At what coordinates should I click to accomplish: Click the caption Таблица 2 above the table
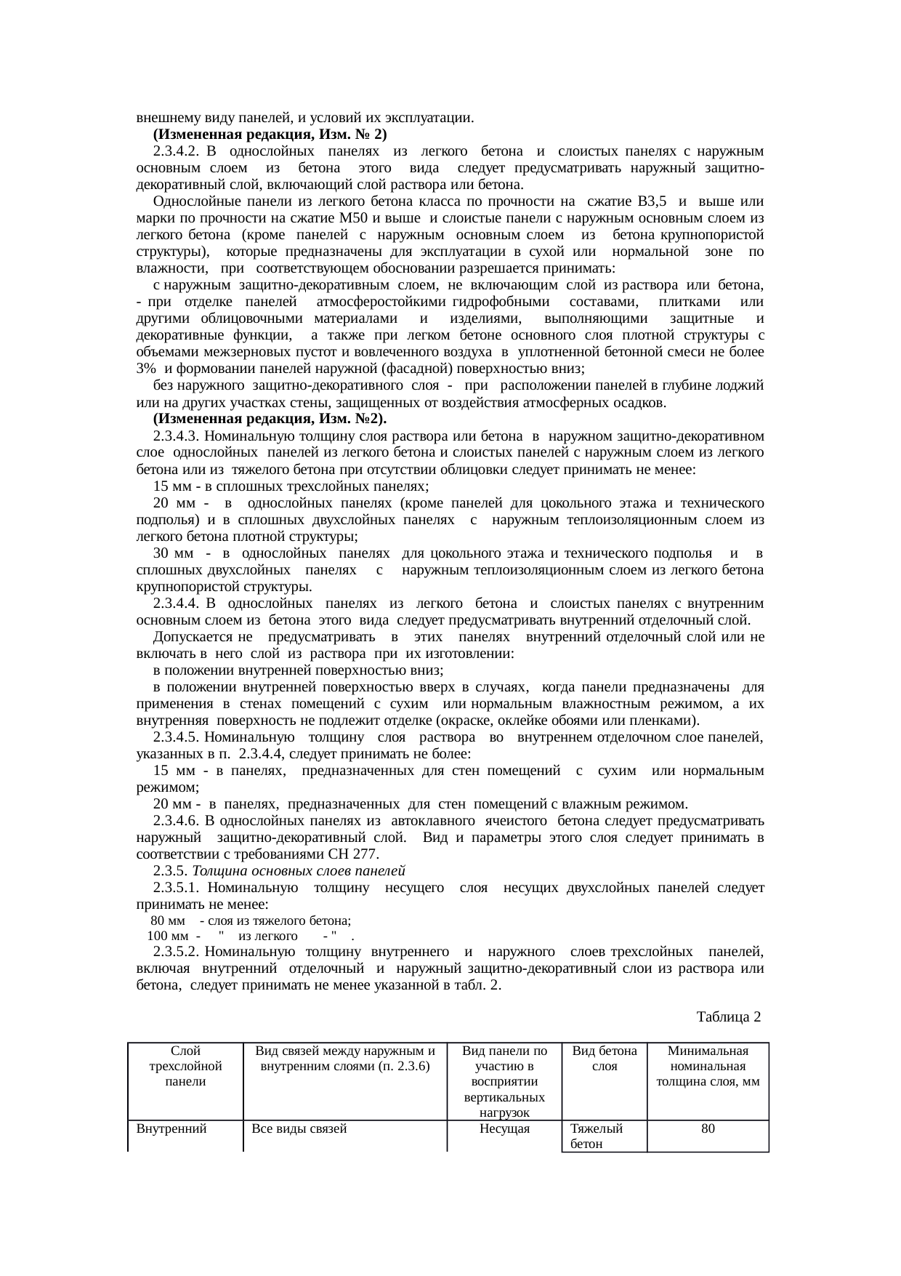(x=728, y=1016)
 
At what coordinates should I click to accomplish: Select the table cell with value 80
(x=708, y=1128)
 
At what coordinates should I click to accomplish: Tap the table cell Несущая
(x=505, y=1128)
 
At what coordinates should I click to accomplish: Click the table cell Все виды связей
(x=299, y=1128)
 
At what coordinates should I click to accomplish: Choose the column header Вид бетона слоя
(x=605, y=1059)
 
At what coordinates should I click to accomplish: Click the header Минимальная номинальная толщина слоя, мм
(x=708, y=1066)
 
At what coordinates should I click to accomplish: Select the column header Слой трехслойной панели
(x=185, y=1066)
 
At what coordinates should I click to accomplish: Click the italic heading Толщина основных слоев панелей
(x=299, y=870)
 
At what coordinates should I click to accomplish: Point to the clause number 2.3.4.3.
(x=177, y=436)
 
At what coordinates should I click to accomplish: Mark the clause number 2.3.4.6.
(x=177, y=820)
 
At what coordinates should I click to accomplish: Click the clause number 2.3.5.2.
(x=177, y=951)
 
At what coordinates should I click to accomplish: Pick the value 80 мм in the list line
(x=168, y=920)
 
